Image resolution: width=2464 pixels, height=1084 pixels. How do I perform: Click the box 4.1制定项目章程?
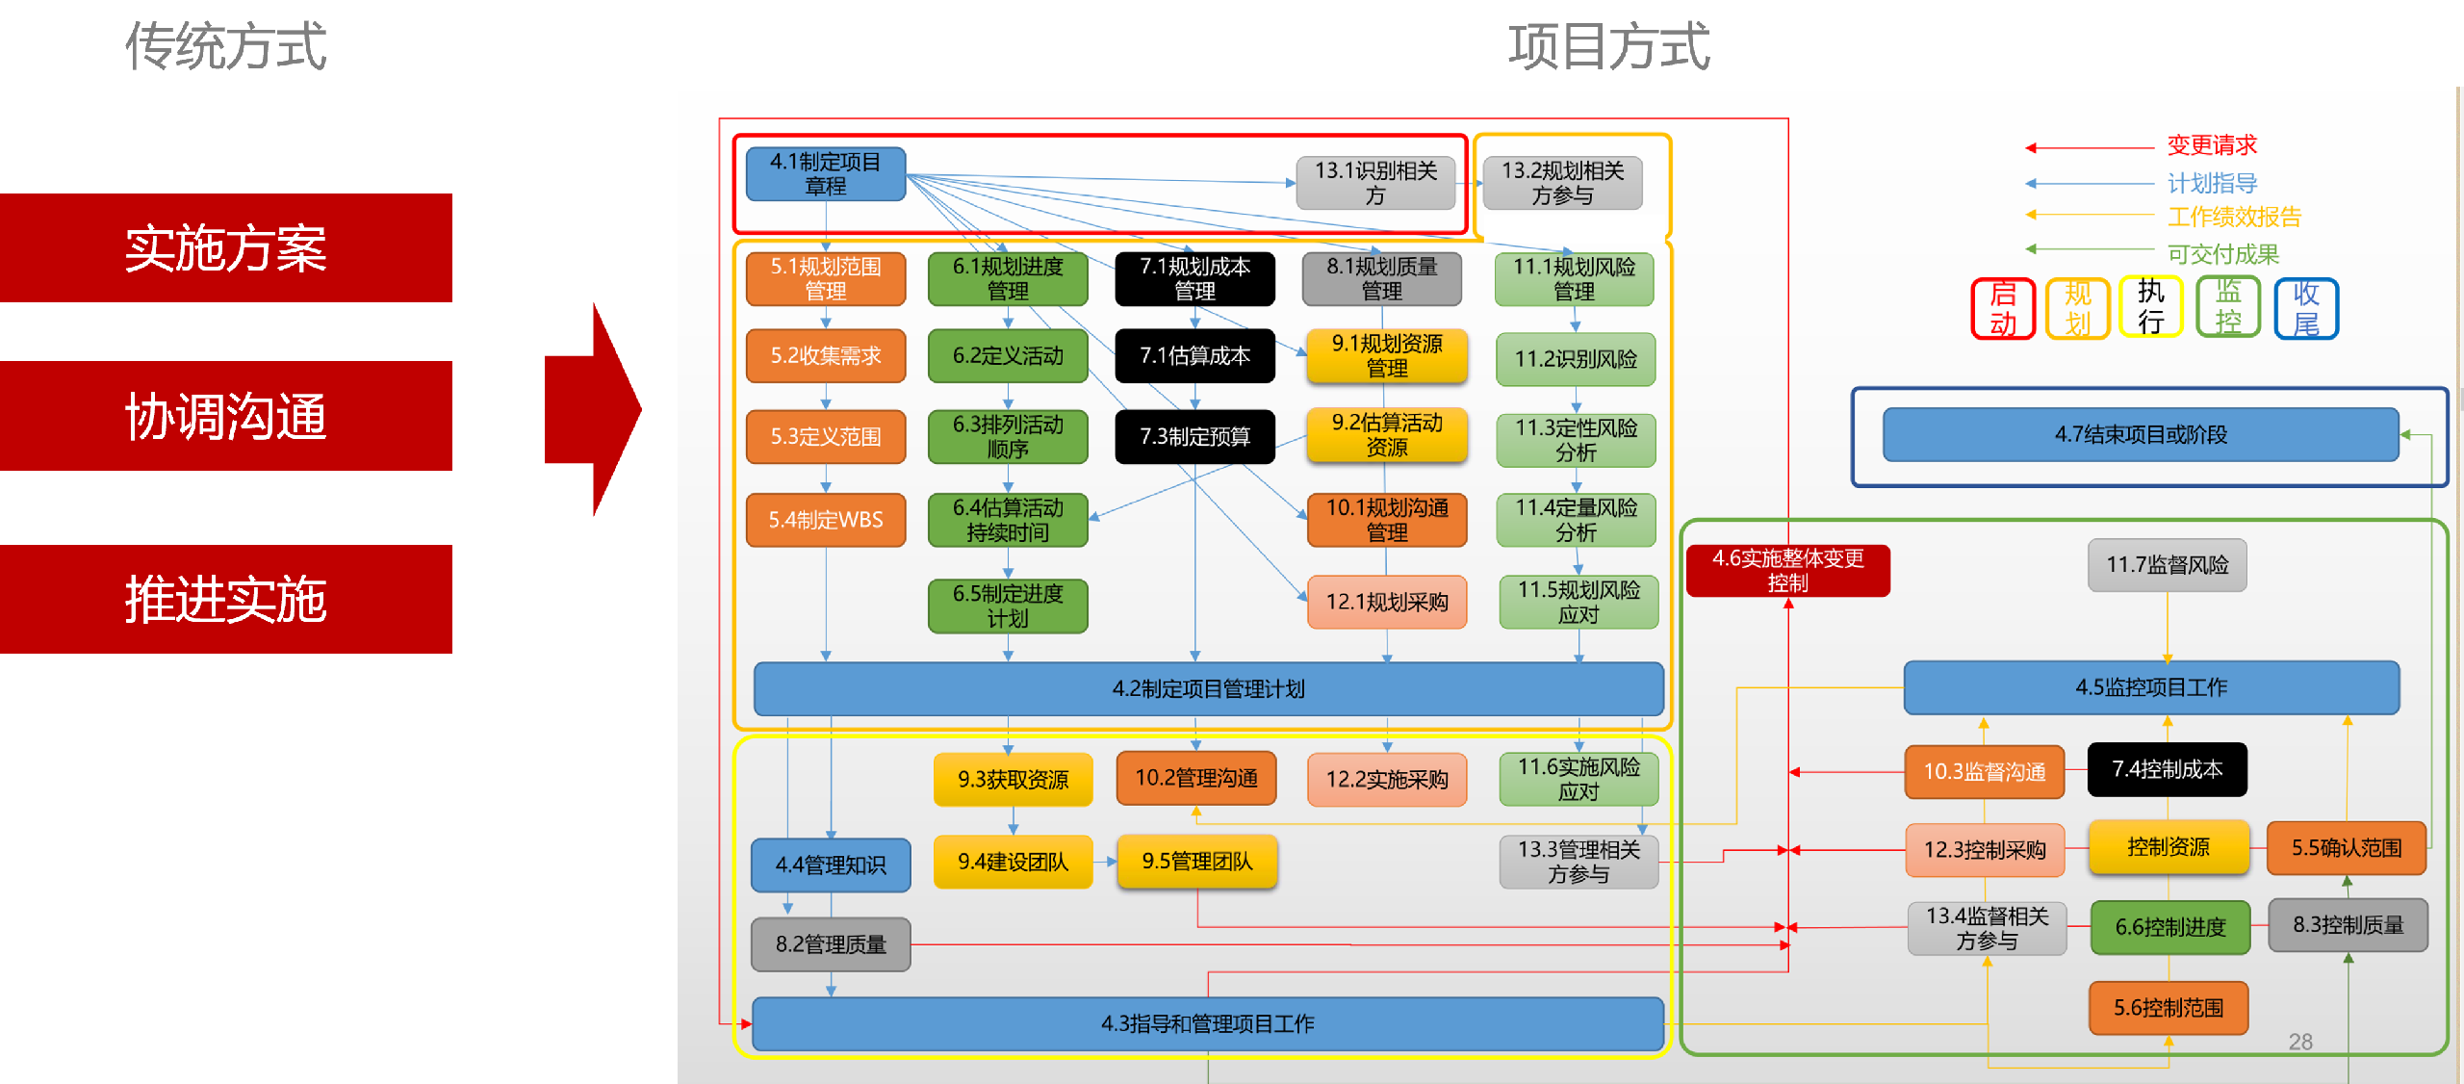click(x=825, y=174)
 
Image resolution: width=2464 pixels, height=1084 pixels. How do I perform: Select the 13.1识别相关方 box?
click(x=1375, y=183)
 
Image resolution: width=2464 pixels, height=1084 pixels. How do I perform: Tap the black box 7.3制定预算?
click(x=1194, y=437)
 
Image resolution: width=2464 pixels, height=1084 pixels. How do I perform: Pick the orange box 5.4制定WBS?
click(x=825, y=520)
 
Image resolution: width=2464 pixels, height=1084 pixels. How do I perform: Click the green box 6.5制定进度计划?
click(x=1008, y=607)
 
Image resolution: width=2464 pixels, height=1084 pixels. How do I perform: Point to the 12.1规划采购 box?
click(x=1386, y=603)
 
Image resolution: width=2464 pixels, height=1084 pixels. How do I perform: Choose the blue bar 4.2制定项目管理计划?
click(x=1208, y=689)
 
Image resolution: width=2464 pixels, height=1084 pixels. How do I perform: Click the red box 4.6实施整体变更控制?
click(x=1787, y=571)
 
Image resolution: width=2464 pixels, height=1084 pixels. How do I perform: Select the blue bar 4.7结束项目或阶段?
click(x=2141, y=435)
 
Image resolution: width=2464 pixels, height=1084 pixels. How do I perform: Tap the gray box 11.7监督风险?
click(x=2167, y=565)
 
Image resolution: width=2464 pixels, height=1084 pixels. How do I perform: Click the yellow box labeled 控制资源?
click(x=2168, y=847)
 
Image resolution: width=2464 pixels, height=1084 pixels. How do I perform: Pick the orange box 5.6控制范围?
click(x=2168, y=1008)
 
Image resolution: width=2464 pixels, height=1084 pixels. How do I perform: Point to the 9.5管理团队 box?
click(x=1196, y=862)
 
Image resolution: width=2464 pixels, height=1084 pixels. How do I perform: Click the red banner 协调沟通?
click(x=226, y=416)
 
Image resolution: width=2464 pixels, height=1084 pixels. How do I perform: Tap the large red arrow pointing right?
click(x=591, y=410)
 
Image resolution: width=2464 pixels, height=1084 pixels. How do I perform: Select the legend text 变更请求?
click(x=2211, y=146)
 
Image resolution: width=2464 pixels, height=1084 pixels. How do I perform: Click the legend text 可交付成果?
click(x=2222, y=254)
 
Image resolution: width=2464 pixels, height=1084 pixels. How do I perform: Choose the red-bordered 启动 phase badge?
click(x=2002, y=309)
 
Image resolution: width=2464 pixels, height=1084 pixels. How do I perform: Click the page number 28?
click(x=2300, y=1042)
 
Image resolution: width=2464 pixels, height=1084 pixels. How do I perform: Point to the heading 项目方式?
click(x=1608, y=46)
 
